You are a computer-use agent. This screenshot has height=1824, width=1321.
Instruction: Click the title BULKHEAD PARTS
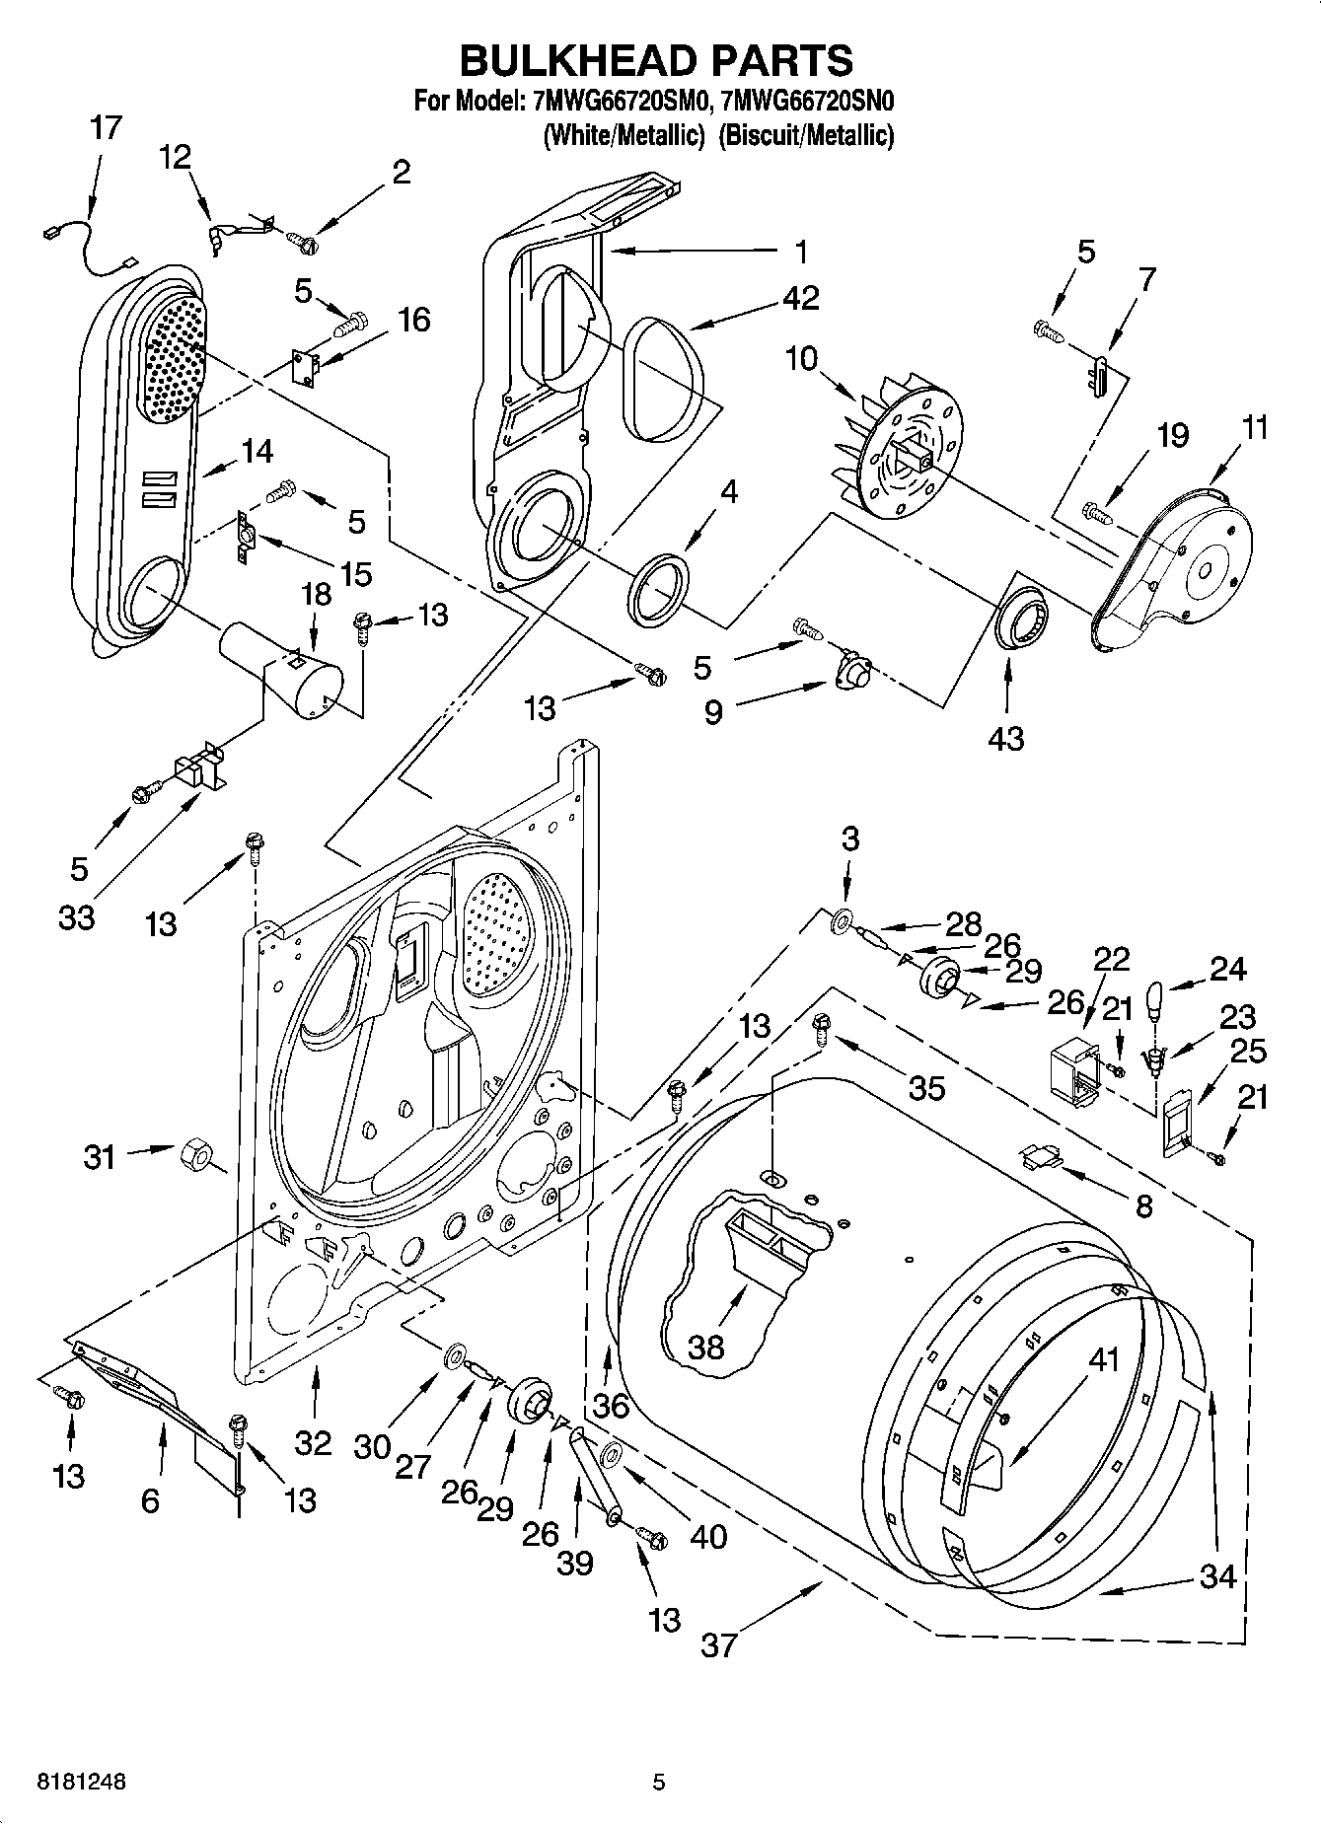click(657, 61)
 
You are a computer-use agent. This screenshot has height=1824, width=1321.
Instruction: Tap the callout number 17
click(106, 127)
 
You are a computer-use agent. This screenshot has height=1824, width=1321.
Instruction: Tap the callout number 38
click(706, 1347)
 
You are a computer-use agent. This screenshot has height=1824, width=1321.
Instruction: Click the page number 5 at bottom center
click(659, 1782)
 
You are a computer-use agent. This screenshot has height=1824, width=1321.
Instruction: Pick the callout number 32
click(313, 1442)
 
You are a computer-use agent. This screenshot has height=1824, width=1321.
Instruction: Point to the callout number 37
click(719, 1644)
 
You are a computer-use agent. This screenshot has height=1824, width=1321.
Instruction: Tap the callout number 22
click(1111, 959)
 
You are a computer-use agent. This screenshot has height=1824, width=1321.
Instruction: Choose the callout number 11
click(1255, 427)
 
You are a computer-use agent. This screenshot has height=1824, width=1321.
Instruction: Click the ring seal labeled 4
click(659, 590)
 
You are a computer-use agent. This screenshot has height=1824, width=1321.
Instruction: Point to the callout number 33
click(76, 916)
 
